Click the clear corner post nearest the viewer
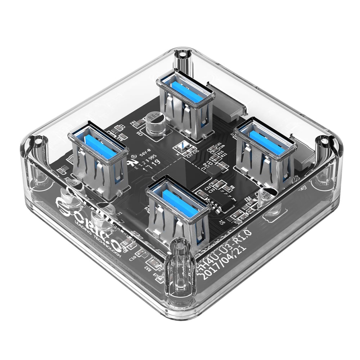click(x=180, y=266)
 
